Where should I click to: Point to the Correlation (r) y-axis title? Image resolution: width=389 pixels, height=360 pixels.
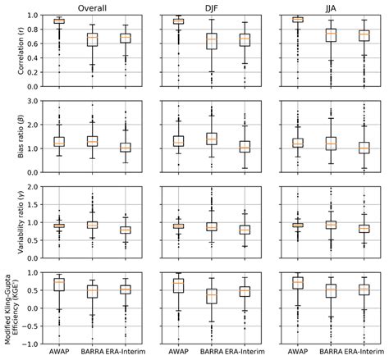coord(11,52)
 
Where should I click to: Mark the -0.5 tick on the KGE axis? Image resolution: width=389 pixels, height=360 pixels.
coord(36,333)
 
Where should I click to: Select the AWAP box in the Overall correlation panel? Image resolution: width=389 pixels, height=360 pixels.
coord(59,21)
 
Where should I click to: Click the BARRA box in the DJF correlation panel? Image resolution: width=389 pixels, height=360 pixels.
coord(213,39)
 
